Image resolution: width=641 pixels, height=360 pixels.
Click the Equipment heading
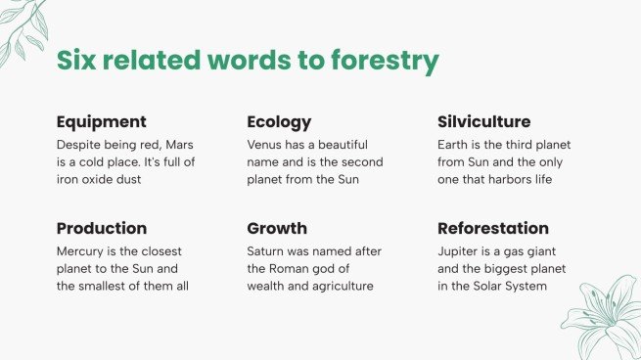pos(102,122)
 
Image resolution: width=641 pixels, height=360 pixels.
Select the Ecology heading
pos(279,122)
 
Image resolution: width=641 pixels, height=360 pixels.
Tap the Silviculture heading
pos(483,122)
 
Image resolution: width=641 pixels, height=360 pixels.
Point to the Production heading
pos(102,229)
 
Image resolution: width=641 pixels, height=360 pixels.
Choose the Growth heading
pos(276,229)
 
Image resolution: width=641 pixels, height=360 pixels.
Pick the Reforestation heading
pos(492,229)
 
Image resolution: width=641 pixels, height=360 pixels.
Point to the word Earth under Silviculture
pos(453,144)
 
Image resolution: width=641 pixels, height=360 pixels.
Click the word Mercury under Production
pos(80,250)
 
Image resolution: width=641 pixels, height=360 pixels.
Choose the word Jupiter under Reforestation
pos(458,250)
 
